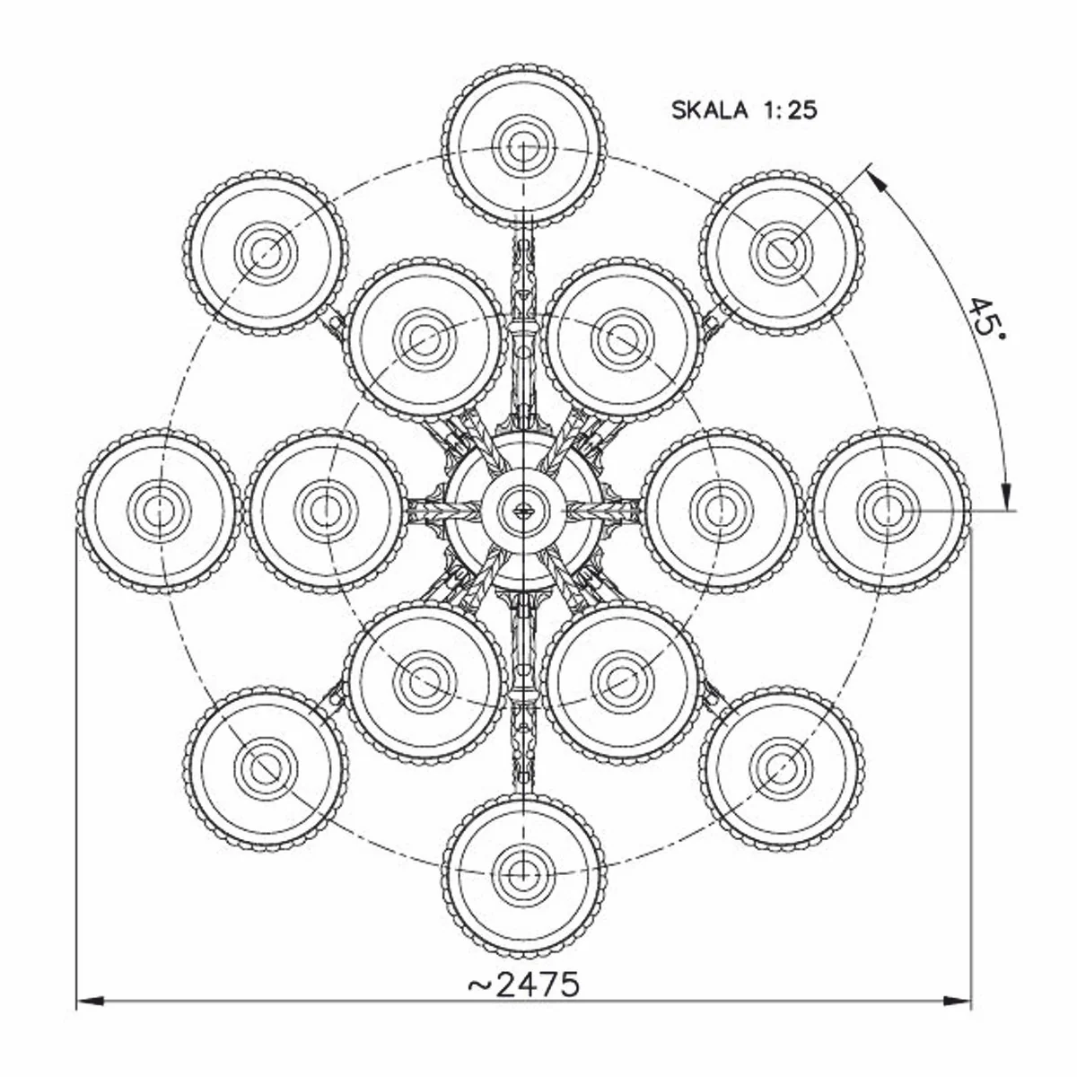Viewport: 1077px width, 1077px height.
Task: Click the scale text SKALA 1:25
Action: pyautogui.click(x=744, y=110)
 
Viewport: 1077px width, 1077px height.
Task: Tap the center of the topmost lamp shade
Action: pyautogui.click(x=524, y=144)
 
